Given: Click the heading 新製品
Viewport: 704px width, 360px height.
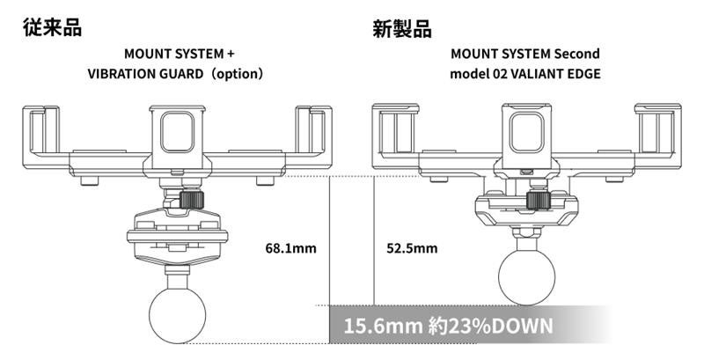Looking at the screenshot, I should (x=402, y=27).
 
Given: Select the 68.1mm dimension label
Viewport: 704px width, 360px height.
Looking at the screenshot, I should (x=290, y=248).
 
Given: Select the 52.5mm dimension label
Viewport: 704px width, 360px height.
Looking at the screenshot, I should (x=411, y=248).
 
